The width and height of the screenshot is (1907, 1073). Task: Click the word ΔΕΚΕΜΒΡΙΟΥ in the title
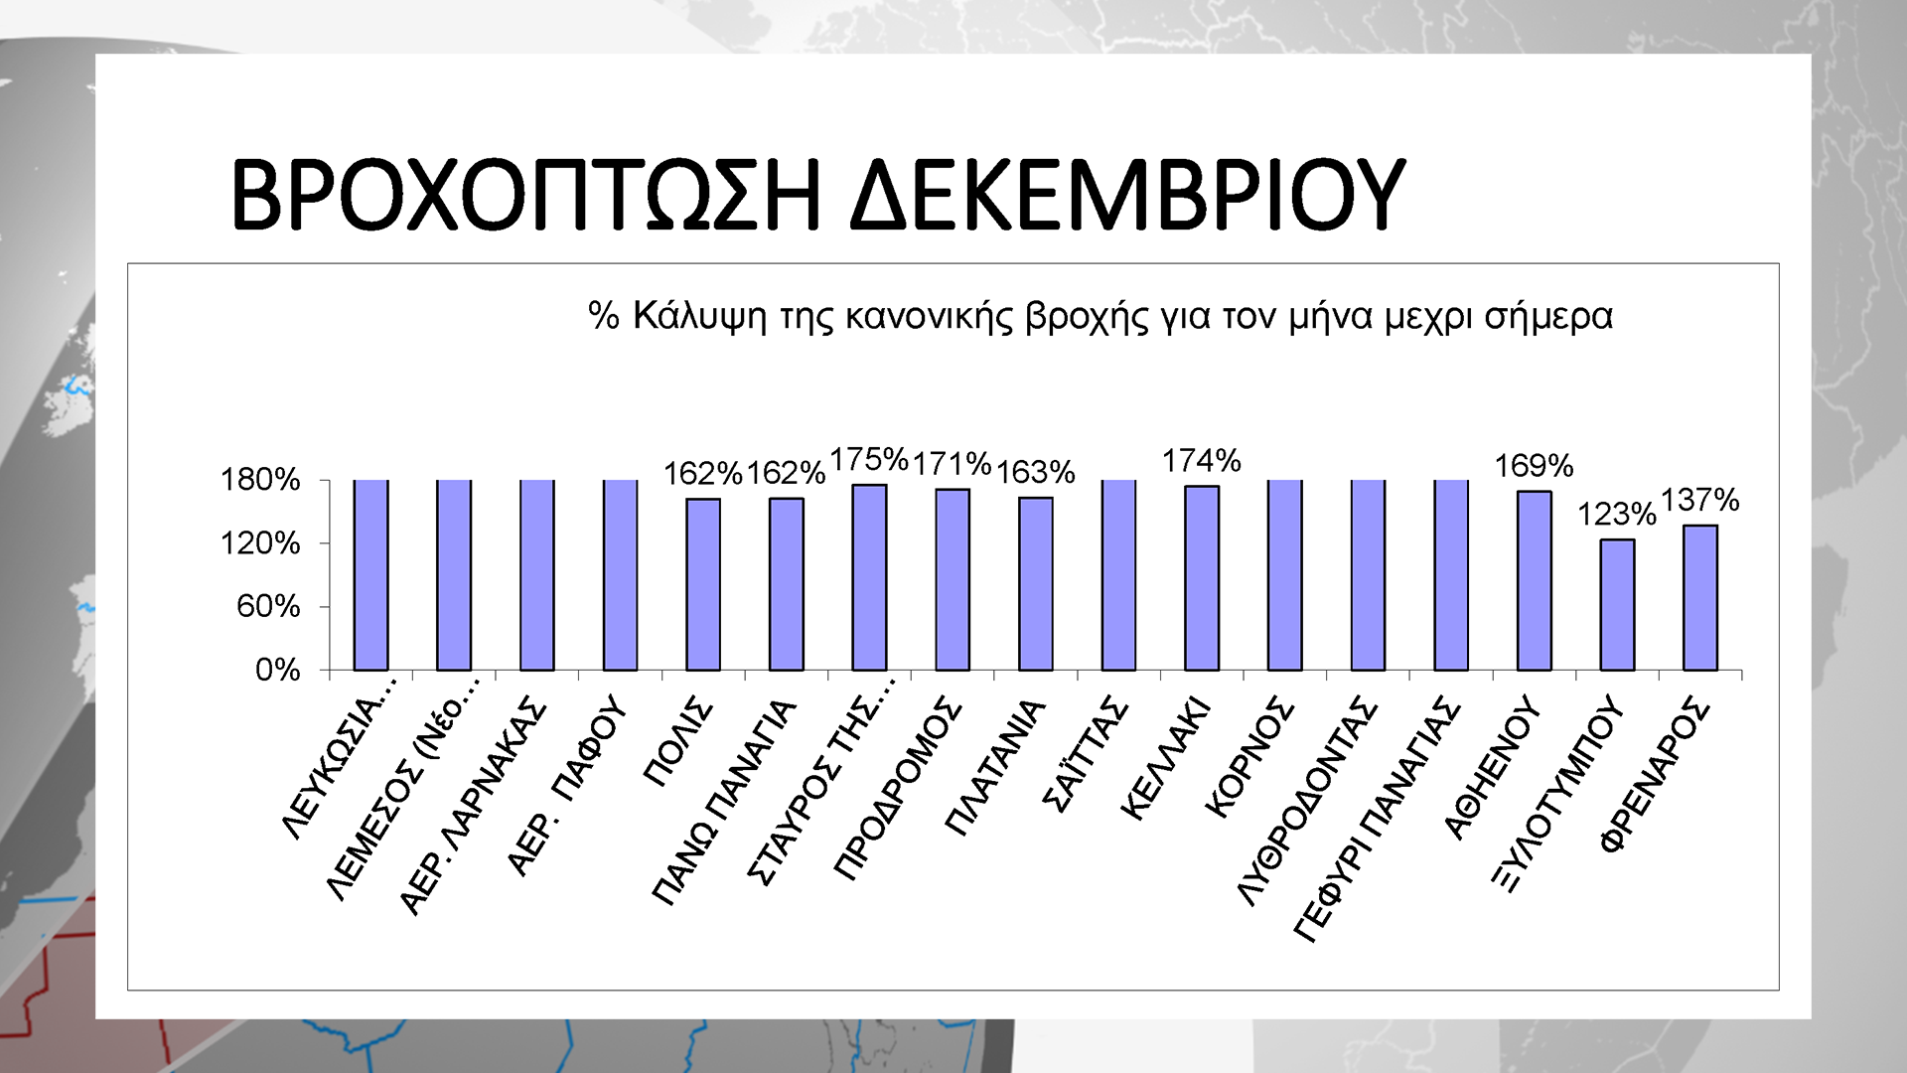point(1127,194)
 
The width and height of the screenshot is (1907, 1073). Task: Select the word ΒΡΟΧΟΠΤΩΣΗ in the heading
point(526,194)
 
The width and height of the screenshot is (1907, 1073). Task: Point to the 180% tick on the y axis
point(260,480)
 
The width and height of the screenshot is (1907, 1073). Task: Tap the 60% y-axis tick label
point(268,606)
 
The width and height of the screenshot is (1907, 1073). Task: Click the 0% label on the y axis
point(277,670)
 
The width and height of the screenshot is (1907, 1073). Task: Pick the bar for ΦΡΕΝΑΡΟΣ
point(1699,597)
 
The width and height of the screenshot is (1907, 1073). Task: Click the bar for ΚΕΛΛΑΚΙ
point(1202,578)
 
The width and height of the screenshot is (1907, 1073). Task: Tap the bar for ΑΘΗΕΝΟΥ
point(1534,580)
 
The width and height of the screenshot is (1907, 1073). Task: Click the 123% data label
point(1616,515)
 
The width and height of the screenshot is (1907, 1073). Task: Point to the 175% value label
point(869,460)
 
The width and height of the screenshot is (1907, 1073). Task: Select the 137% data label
point(1699,500)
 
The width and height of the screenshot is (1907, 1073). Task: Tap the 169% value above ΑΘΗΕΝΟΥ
point(1534,465)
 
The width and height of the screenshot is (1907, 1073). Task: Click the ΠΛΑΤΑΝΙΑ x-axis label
point(996,767)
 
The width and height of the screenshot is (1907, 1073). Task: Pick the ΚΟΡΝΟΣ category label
point(1249,757)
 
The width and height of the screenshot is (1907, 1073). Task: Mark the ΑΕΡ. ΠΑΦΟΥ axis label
point(567,786)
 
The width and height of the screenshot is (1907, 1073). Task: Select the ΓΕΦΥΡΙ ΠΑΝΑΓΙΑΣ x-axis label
point(1377,820)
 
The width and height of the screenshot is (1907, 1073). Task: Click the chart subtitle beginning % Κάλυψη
point(1100,316)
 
